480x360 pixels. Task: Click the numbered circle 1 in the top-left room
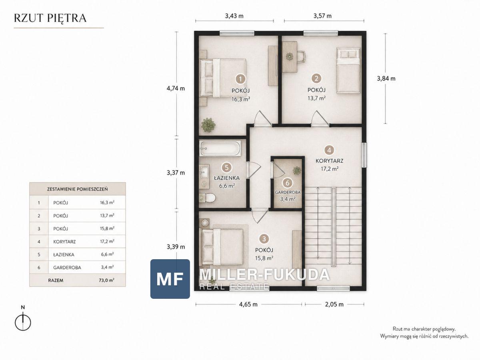coord(240,79)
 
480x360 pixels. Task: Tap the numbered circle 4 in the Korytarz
coord(329,150)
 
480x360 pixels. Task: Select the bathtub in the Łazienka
coord(220,148)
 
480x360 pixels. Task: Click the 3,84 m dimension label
coord(386,78)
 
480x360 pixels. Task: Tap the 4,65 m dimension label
coord(248,304)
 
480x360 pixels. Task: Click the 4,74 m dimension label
coord(176,88)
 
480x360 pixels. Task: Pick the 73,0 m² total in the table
coord(107,280)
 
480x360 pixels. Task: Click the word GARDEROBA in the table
coord(67,268)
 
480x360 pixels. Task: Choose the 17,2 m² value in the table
coord(107,242)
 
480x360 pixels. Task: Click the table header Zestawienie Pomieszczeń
coord(78,189)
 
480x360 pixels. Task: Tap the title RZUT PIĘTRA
coord(50,18)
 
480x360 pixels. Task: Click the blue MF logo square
coord(170,279)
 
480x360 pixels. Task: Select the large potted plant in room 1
coord(208,125)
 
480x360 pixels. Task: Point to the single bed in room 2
coord(348,70)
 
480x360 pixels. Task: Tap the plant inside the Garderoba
coord(297,170)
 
